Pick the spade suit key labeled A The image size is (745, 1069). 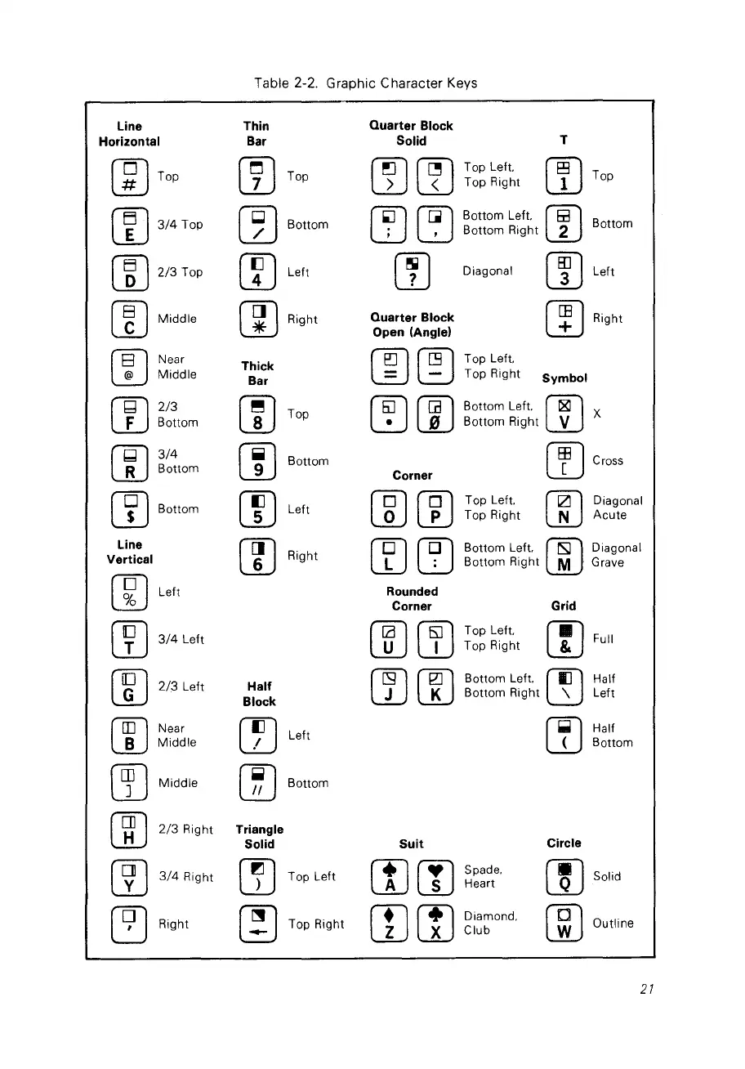389,878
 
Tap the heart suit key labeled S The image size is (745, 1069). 435,878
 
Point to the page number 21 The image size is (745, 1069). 647,989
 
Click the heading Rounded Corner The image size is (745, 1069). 412,598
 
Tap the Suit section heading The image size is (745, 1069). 412,843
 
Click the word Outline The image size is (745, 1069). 613,924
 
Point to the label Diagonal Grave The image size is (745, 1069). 617,555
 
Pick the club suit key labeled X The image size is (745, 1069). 435,924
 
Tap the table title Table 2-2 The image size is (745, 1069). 365,83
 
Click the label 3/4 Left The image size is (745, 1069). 181,639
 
